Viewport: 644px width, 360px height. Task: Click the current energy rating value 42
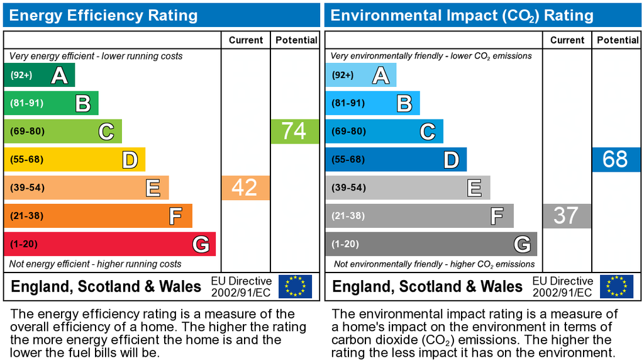pyautogui.click(x=245, y=188)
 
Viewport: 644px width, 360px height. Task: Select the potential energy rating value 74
pyautogui.click(x=294, y=131)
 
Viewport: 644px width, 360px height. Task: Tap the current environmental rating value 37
pyautogui.click(x=567, y=216)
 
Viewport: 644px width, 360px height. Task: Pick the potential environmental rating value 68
pyautogui.click(x=616, y=159)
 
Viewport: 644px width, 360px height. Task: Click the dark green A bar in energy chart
pyautogui.click(x=39, y=75)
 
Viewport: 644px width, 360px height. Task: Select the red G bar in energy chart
pyautogui.click(x=109, y=244)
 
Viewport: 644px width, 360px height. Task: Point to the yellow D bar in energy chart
pyautogui.click(x=74, y=159)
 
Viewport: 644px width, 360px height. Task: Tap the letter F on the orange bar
pyautogui.click(x=175, y=217)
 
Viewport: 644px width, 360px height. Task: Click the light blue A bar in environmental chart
pyautogui.click(x=360, y=75)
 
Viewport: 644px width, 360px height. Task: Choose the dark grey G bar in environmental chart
pyautogui.click(x=431, y=244)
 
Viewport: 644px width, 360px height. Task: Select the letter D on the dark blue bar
pyautogui.click(x=451, y=160)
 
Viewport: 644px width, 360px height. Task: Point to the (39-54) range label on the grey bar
pyautogui.click(x=348, y=188)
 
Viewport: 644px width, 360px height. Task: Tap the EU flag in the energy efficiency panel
pyautogui.click(x=295, y=286)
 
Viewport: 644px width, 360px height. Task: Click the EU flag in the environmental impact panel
pyautogui.click(x=616, y=286)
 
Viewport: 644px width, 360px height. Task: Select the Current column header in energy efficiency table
pyautogui.click(x=246, y=40)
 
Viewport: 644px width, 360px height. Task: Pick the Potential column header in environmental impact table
pyautogui.click(x=618, y=40)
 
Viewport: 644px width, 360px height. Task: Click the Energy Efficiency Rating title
pyautogui.click(x=103, y=15)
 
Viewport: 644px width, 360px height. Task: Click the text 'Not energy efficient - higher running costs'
pyautogui.click(x=95, y=264)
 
